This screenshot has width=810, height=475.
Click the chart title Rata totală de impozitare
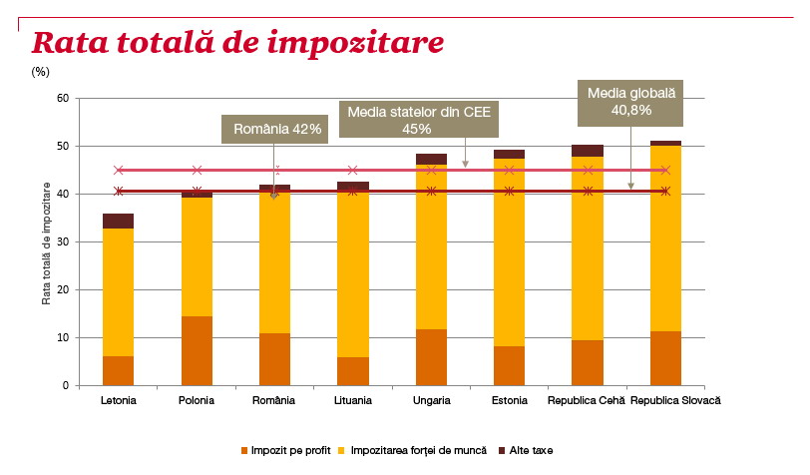coord(237,43)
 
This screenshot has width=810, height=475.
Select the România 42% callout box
coord(276,129)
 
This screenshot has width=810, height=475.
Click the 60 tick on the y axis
coord(62,98)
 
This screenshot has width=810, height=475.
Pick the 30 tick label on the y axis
coord(62,241)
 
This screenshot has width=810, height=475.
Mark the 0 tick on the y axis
coord(65,385)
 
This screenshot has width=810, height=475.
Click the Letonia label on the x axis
coord(119,400)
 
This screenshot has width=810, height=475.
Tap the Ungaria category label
coord(431,400)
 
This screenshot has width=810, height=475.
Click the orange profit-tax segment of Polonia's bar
coord(197,350)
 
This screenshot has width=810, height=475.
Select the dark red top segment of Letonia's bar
coord(119,221)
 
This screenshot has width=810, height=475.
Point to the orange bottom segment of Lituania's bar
coord(353,371)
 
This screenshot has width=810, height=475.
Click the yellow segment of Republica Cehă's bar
coord(588,248)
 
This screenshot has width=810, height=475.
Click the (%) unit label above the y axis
coord(40,72)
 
